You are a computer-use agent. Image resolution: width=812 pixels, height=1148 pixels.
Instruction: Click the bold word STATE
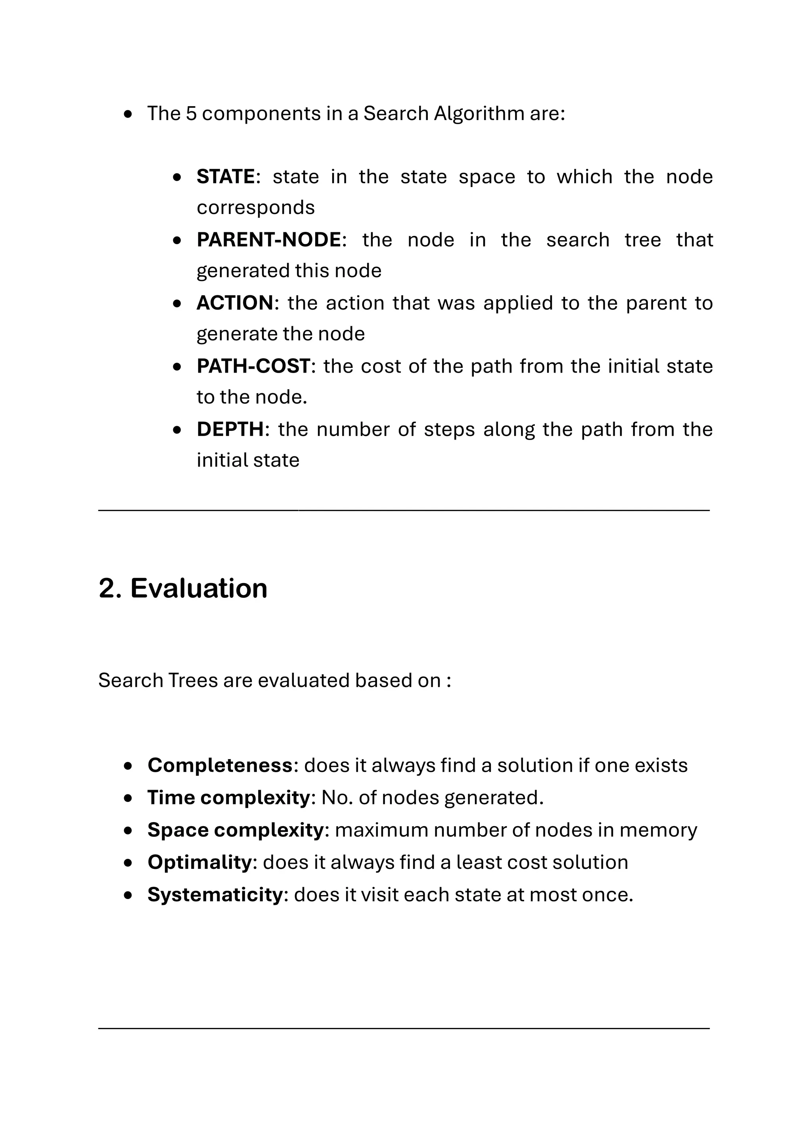click(226, 177)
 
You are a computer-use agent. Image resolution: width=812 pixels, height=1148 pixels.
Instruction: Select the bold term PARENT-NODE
click(268, 240)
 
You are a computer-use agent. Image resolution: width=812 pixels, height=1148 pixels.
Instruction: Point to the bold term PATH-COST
click(253, 367)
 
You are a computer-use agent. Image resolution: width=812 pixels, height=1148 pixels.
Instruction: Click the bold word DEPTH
click(230, 429)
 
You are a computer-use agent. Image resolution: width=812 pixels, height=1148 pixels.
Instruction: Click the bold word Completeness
click(220, 765)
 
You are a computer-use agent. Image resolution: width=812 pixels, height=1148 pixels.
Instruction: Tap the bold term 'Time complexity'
click(228, 798)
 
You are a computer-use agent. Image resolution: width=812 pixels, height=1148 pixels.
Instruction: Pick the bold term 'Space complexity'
click(236, 830)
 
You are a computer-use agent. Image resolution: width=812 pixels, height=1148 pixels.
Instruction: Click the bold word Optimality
click(199, 863)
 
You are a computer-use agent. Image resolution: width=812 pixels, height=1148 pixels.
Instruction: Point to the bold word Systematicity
click(215, 895)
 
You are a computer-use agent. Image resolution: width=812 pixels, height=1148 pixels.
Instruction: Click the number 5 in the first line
click(191, 114)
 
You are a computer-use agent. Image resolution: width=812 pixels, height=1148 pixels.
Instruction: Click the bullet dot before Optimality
click(128, 863)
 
